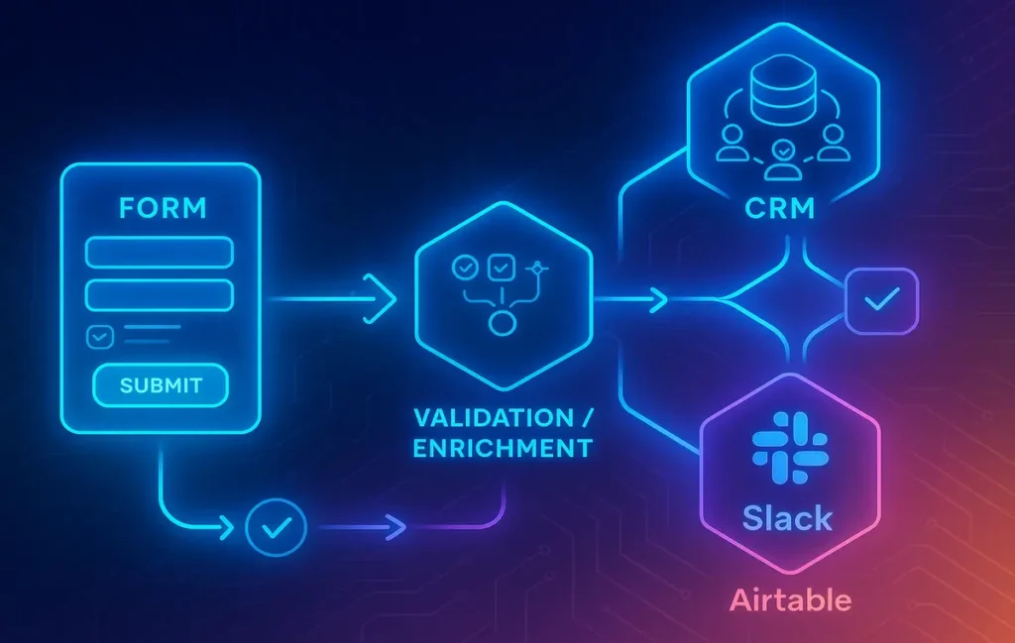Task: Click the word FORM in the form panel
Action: point(163,209)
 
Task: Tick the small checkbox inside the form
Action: point(100,337)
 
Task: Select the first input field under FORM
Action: point(160,253)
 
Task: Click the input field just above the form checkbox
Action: point(160,294)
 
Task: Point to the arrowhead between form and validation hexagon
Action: point(381,294)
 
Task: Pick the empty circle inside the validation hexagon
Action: point(503,324)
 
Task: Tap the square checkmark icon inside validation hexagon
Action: point(502,266)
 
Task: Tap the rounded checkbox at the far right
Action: point(880,300)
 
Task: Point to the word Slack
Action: point(788,517)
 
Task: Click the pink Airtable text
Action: point(790,599)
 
